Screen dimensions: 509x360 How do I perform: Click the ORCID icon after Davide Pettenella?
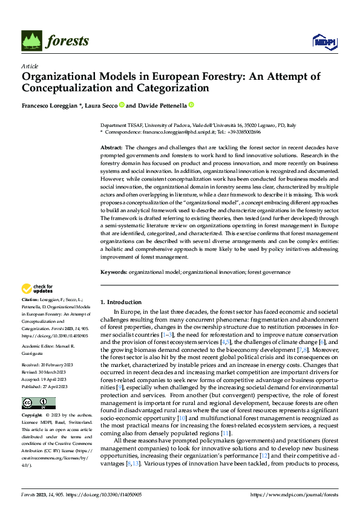click(191, 105)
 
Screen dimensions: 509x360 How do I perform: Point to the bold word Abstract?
click(111, 148)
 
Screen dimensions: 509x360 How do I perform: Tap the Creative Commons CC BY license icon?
click(39, 403)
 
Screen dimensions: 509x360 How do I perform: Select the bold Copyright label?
click(33, 417)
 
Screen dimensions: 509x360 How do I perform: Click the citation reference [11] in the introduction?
click(226, 434)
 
